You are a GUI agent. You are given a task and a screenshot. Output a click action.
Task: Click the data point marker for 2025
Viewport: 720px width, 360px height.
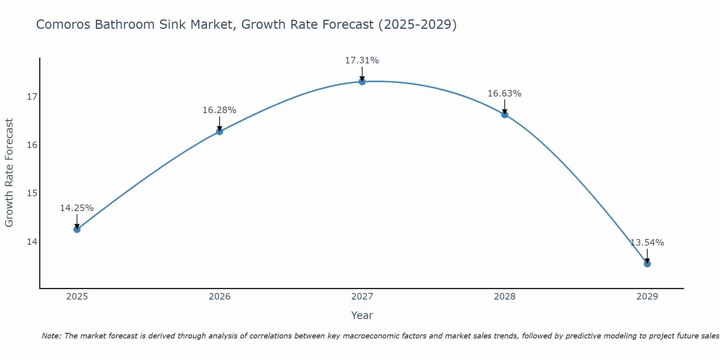[77, 229]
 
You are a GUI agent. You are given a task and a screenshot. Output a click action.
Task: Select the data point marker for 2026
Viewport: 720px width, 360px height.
[220, 131]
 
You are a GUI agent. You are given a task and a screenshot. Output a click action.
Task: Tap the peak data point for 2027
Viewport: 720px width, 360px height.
[362, 82]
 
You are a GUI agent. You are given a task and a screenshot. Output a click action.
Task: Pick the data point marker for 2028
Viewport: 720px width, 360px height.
[505, 114]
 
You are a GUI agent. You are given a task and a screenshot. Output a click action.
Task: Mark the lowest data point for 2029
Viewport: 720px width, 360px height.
[647, 264]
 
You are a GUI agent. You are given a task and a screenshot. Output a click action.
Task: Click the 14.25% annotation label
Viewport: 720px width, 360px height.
[77, 208]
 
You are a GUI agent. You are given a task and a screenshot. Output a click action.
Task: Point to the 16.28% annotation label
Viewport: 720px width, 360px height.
[219, 110]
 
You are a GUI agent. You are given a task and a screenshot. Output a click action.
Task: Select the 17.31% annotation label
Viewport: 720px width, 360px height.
[362, 60]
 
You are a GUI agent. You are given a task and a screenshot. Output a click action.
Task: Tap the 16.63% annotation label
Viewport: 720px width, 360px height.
[504, 94]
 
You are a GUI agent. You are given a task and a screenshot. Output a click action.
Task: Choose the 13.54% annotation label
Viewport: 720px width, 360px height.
[647, 243]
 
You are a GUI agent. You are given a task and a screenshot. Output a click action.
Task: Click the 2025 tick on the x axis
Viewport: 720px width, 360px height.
[77, 297]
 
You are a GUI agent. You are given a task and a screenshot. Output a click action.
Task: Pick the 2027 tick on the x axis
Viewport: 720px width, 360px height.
[362, 297]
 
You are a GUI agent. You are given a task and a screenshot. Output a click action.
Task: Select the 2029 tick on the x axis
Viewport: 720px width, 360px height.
[647, 297]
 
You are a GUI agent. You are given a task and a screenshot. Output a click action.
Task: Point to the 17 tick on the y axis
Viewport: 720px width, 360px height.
[32, 97]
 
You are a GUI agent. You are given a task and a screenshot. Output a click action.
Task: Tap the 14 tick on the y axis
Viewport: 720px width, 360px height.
[32, 242]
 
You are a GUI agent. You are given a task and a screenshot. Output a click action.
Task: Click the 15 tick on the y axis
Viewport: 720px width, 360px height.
[32, 193]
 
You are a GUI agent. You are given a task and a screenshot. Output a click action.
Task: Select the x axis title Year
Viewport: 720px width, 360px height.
[362, 315]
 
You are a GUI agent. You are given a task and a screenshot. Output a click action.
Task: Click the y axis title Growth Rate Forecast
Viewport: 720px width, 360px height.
[9, 173]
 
